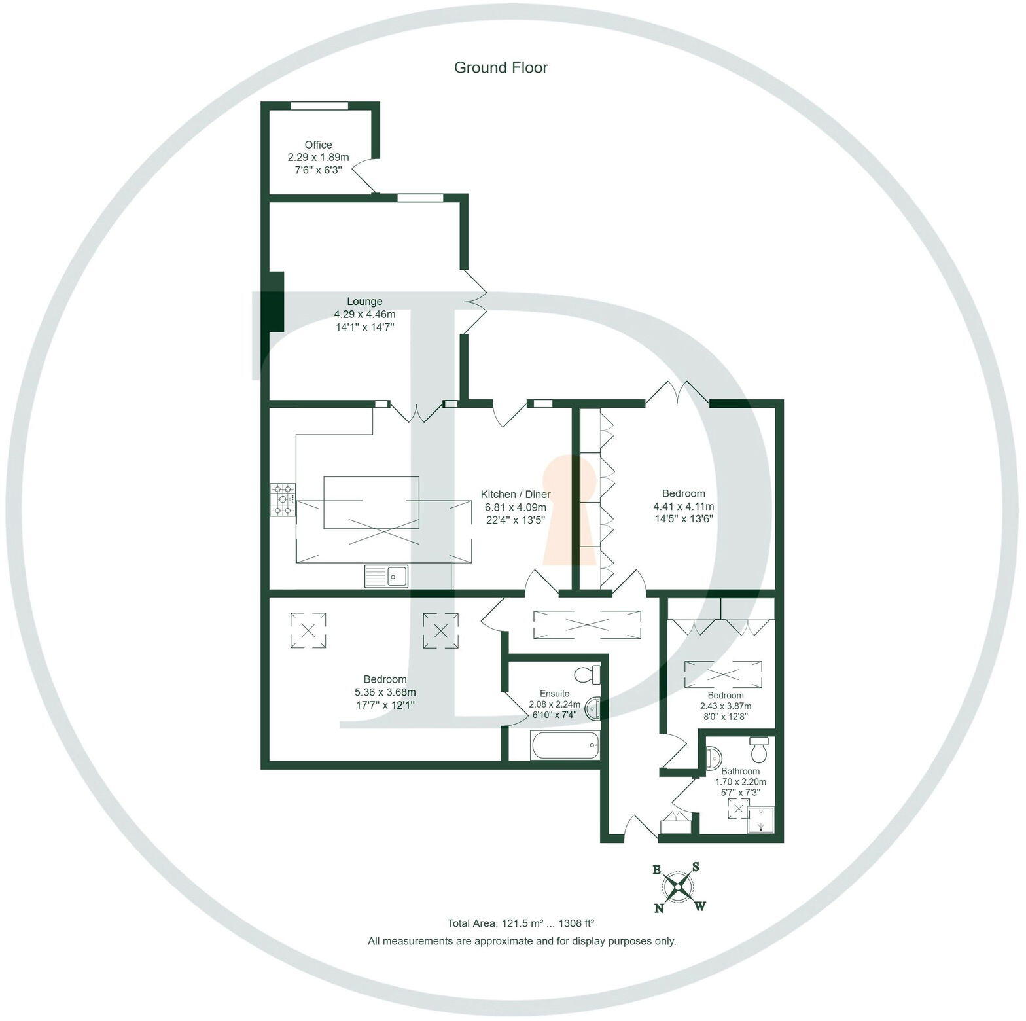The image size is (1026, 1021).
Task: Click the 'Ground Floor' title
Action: click(x=501, y=67)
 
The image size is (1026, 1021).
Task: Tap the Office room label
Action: click(x=318, y=145)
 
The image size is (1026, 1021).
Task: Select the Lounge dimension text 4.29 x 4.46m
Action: click(x=364, y=314)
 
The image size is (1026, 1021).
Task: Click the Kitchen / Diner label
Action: click(x=516, y=494)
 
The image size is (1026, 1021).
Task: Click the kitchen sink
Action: click(x=387, y=576)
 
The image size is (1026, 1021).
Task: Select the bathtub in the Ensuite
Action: click(x=565, y=745)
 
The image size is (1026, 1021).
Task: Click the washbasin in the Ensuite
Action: click(x=593, y=708)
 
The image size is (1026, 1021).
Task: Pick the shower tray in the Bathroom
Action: click(x=761, y=819)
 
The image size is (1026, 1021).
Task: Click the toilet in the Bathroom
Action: click(x=759, y=750)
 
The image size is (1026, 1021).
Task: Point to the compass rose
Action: click(x=679, y=887)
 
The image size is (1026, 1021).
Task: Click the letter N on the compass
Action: click(x=659, y=908)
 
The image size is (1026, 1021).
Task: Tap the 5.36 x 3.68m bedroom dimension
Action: click(x=385, y=692)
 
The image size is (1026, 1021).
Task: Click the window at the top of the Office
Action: click(x=319, y=105)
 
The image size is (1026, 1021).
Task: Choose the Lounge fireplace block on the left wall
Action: click(x=275, y=301)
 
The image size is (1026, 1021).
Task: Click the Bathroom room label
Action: click(x=740, y=771)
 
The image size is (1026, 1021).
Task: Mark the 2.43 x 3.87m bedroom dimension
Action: click(x=725, y=706)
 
